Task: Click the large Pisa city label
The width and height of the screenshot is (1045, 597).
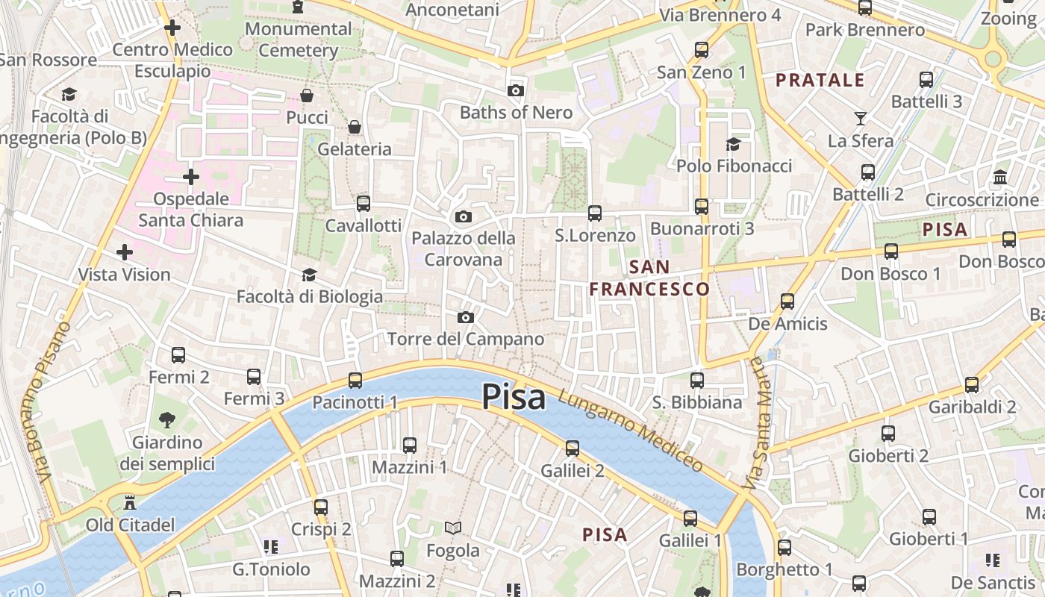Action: pos(514,397)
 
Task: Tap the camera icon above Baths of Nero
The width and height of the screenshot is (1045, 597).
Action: pos(515,91)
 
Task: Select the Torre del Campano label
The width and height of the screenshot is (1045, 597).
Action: pos(466,339)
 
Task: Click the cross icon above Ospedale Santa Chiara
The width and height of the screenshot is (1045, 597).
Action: pos(191,177)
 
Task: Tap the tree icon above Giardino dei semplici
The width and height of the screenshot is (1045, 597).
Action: pos(167,420)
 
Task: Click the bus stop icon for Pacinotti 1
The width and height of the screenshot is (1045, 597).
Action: pos(355,381)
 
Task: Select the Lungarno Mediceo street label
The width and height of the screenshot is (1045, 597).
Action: pos(631,431)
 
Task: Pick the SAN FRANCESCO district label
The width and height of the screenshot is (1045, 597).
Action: pos(649,278)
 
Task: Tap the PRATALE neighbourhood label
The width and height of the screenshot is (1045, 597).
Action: pos(820,81)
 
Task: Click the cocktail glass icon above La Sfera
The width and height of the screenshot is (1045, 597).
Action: pos(861,118)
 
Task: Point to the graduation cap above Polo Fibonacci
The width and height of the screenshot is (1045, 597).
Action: pos(734,144)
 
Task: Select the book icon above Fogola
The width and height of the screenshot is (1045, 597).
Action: pos(452,528)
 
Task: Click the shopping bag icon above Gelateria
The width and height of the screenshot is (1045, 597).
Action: pos(355,127)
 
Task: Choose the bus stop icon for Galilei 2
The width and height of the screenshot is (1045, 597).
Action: pos(573,448)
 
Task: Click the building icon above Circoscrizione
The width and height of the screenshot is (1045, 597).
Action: pos(999,178)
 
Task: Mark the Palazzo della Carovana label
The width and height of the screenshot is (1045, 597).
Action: pos(464,249)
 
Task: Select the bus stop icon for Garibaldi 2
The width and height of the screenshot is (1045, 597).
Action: pos(972,385)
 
